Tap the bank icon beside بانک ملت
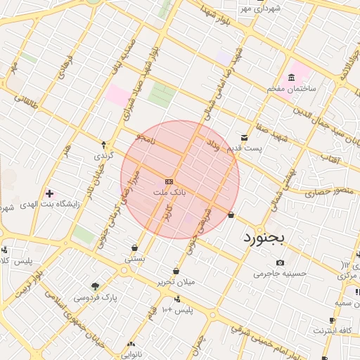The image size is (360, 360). coord(169,181)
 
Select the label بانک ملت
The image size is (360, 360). coord(169,191)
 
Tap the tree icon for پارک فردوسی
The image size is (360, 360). coord(95,286)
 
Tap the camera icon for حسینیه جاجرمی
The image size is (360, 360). coord(281,263)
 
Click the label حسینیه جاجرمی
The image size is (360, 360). coord(280,274)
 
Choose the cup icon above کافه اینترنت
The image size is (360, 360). coord(333,320)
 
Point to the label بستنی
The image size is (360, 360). coord(134,258)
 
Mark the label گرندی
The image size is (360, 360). coord(103,153)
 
